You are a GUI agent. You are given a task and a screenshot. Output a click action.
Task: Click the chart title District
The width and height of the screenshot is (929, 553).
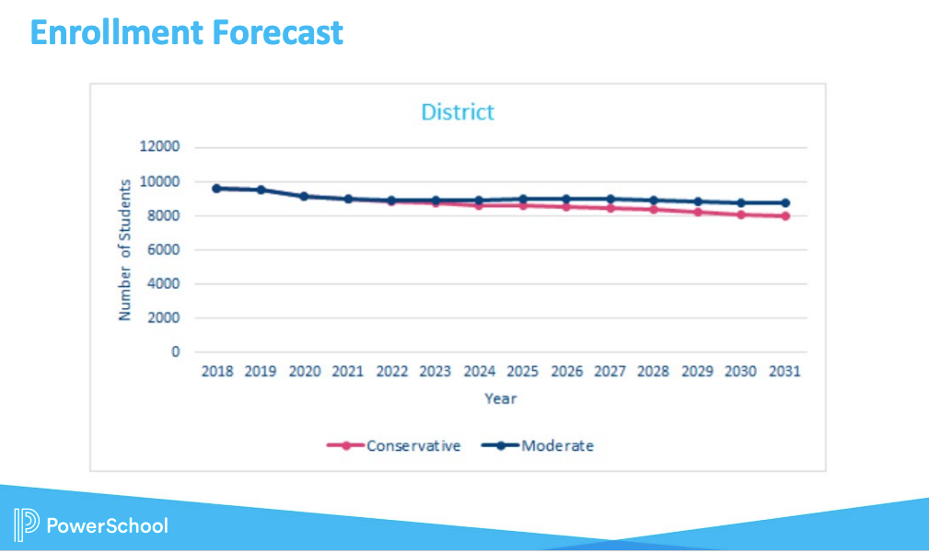[458, 112]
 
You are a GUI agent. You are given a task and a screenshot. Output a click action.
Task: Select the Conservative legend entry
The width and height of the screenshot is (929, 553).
[413, 445]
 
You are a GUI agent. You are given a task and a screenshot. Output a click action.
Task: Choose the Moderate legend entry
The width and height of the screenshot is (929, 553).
[557, 445]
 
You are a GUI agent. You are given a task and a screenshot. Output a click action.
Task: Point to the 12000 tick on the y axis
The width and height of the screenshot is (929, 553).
[160, 147]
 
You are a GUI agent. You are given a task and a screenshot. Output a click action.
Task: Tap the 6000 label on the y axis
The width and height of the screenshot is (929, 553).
[164, 249]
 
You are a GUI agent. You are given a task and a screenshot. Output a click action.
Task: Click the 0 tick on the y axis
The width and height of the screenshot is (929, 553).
[175, 351]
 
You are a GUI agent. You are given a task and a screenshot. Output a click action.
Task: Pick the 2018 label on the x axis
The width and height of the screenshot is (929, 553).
[217, 372]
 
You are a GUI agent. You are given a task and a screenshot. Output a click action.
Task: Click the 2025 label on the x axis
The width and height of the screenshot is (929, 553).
[523, 372]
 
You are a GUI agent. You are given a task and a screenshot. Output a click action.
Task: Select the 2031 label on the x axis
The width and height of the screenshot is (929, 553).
[784, 372]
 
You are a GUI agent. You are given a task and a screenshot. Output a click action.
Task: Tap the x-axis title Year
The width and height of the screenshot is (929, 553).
[501, 398]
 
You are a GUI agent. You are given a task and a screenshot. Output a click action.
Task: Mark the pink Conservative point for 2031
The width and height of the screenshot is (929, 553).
[784, 216]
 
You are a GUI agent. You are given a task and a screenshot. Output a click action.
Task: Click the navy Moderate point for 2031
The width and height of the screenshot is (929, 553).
[784, 202]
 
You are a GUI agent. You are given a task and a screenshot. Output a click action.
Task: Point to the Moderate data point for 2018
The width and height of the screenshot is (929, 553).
[217, 188]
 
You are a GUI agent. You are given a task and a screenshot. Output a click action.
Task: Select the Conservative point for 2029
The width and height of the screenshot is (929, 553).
[697, 212]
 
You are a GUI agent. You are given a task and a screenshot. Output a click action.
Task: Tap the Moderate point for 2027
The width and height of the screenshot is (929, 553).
[610, 199]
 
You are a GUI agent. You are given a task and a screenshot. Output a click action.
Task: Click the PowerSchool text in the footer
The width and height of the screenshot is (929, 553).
[107, 525]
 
